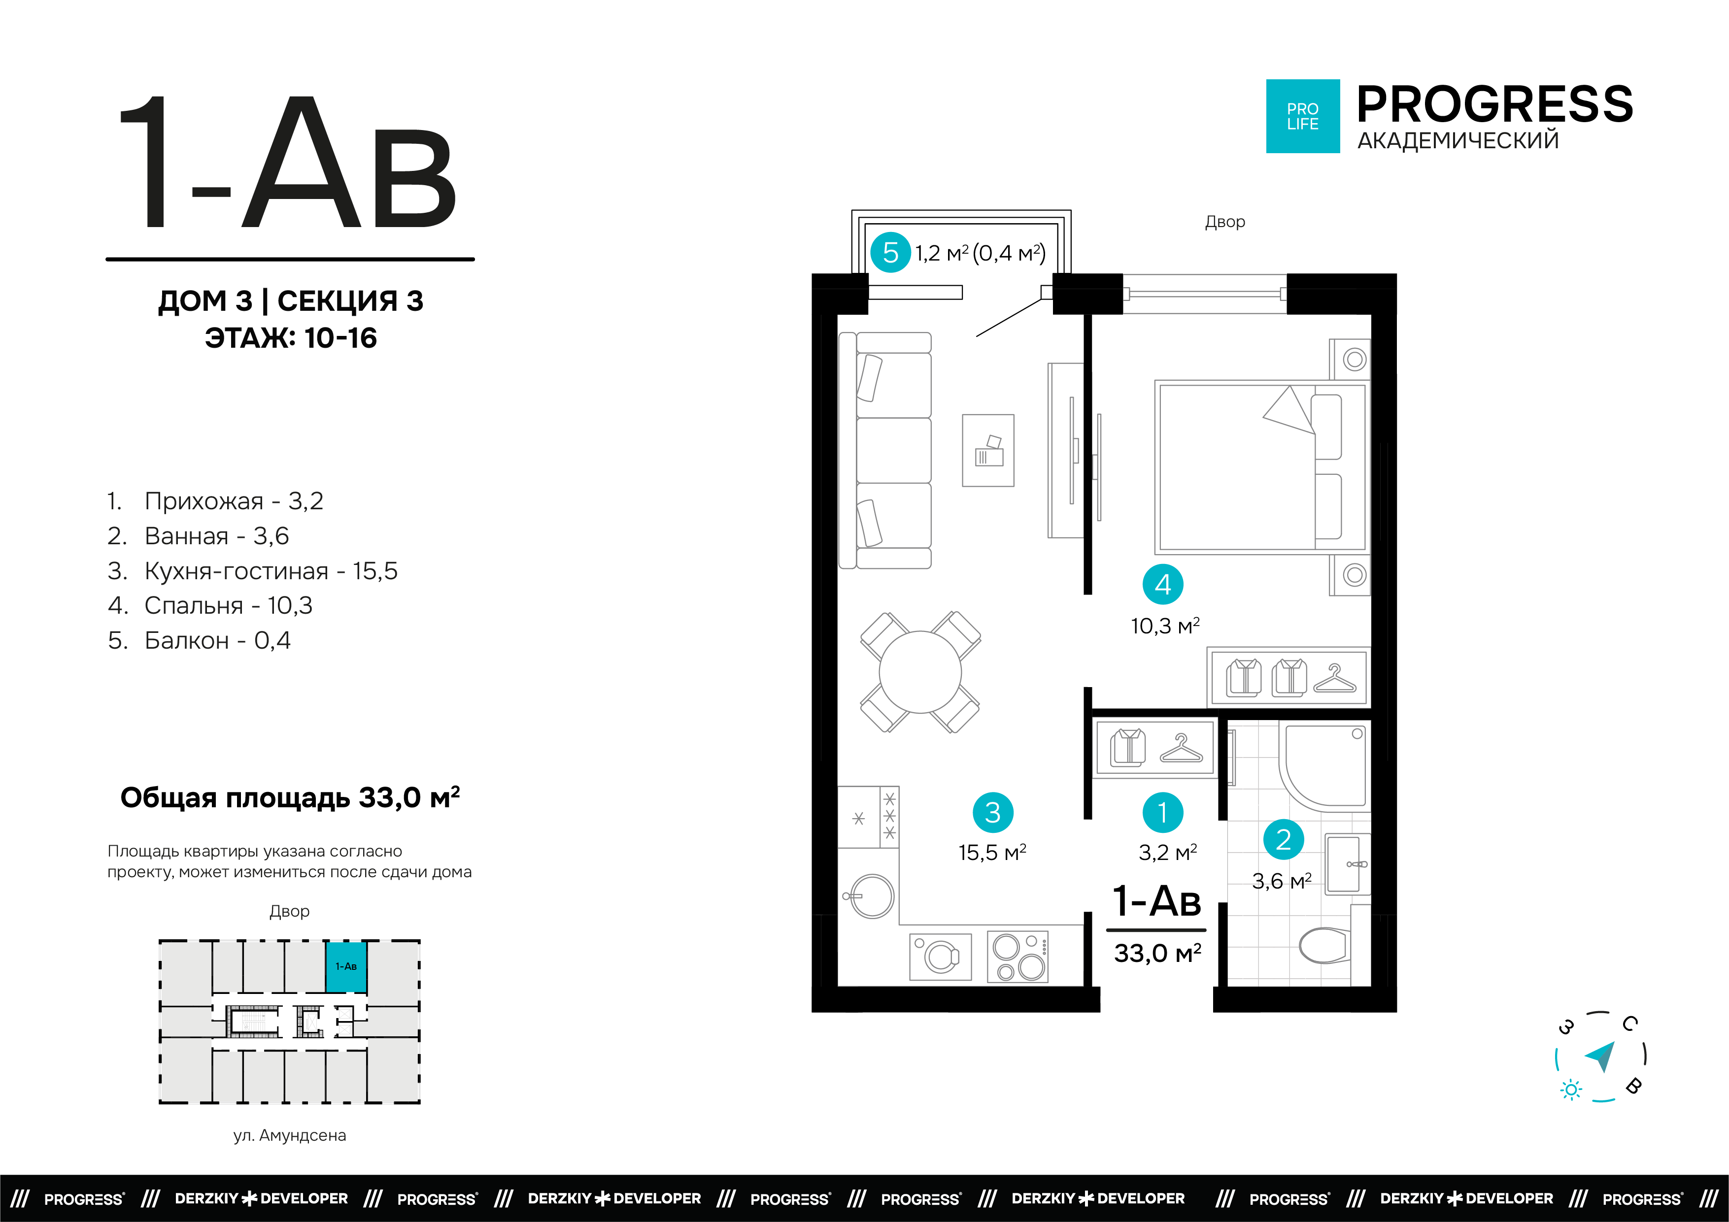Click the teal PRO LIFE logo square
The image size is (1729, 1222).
pyautogui.click(x=1303, y=116)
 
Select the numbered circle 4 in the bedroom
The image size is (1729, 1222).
pyautogui.click(x=1163, y=584)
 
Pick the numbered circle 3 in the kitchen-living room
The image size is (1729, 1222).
pyautogui.click(x=992, y=812)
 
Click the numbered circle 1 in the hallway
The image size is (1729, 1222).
pyautogui.click(x=1163, y=812)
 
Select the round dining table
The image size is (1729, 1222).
pyautogui.click(x=920, y=672)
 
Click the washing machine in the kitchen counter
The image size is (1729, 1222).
pyautogui.click(x=941, y=956)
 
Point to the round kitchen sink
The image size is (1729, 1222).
pyautogui.click(x=871, y=896)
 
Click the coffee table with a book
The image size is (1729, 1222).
pyautogui.click(x=988, y=450)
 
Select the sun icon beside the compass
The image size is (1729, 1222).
pyautogui.click(x=1571, y=1090)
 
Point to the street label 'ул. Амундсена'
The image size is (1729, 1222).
pyautogui.click(x=290, y=1135)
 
